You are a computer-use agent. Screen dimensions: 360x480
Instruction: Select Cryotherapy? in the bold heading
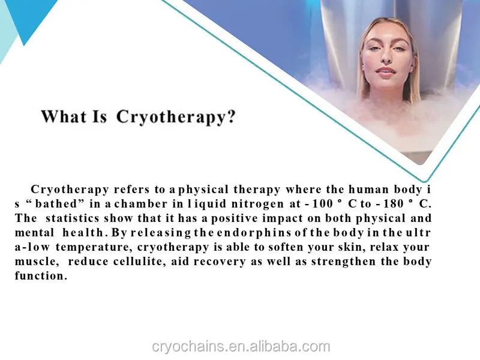(175, 116)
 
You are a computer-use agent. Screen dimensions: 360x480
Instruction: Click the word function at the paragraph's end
(40, 276)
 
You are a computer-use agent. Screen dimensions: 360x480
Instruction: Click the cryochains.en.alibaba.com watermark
(240, 346)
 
